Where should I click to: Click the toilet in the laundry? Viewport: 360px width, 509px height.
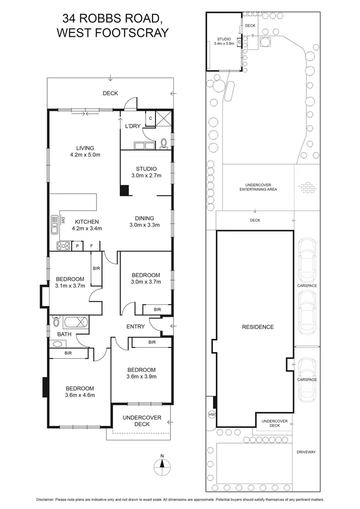coord(163,143)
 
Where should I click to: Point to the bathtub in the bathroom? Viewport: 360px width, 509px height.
coord(76,323)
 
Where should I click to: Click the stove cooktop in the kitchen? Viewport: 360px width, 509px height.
coord(62,246)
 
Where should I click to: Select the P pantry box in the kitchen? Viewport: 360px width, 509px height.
coord(76,246)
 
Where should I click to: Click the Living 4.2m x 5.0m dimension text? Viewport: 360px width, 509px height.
coord(86,155)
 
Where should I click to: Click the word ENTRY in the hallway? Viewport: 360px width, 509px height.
coord(136,327)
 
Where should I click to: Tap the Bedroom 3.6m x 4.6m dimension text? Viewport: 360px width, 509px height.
coord(80,395)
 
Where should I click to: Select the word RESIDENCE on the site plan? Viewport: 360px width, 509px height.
coord(258,327)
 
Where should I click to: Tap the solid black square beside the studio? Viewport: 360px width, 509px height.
coord(124,190)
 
